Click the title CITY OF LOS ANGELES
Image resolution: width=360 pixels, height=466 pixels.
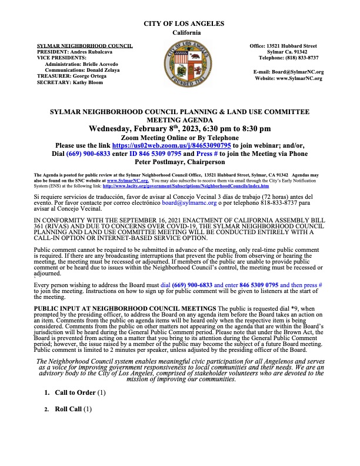pyautogui.click(x=184, y=23)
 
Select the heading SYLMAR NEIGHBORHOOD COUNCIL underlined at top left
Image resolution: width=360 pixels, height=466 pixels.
pyautogui.click(x=85, y=45)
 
